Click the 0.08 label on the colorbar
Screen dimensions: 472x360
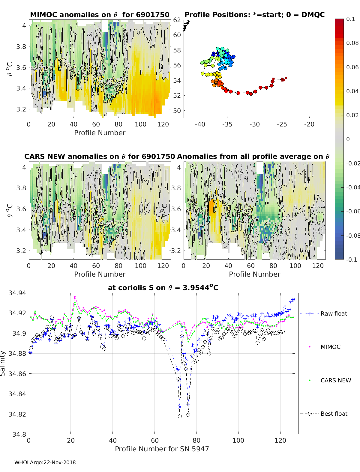pos(352,43)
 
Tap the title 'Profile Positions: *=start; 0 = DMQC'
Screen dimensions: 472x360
pos(254,15)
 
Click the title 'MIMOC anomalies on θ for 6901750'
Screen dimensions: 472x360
pos(100,15)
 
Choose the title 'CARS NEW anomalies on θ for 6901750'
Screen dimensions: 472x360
pos(100,156)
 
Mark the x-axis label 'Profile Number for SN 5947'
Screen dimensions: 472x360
pos(162,449)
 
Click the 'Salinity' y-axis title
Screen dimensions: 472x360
pos(3,363)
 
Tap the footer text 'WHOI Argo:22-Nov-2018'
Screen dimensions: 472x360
pos(45,462)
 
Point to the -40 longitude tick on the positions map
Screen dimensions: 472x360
pos(200,124)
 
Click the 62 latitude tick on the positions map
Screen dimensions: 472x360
pos(177,20)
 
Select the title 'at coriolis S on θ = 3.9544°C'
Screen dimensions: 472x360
pos(163,288)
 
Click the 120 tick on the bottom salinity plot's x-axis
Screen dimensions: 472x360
pos(280,440)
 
